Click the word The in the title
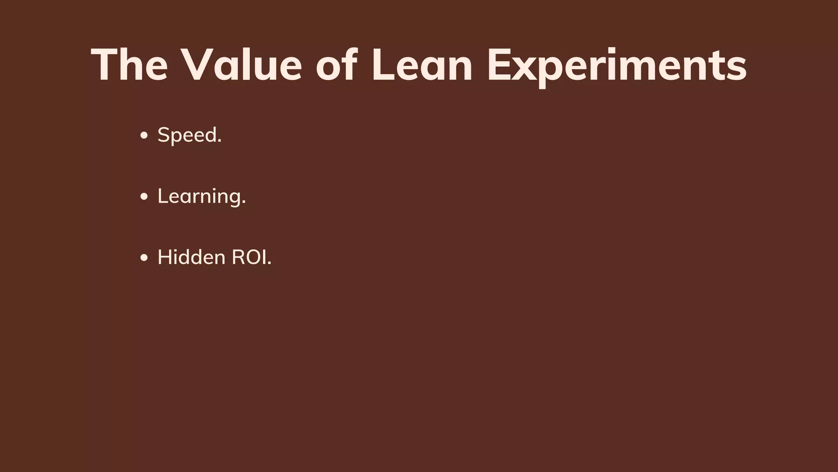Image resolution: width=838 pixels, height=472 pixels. [x=129, y=65]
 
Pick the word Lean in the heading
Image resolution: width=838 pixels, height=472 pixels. [x=422, y=65]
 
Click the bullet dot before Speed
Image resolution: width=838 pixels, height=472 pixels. [x=144, y=136]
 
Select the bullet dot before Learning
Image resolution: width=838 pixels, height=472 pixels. [x=144, y=197]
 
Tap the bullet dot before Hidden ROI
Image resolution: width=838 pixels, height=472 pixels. [x=144, y=258]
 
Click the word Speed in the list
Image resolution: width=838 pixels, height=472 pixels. [x=187, y=135]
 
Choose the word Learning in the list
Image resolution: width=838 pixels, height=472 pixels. [x=199, y=197]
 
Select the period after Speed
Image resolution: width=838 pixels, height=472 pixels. [x=220, y=141]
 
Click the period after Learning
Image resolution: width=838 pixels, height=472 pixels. [x=244, y=202]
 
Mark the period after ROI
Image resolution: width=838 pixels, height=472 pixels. [x=269, y=264]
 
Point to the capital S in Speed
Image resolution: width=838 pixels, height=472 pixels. [x=164, y=135]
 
